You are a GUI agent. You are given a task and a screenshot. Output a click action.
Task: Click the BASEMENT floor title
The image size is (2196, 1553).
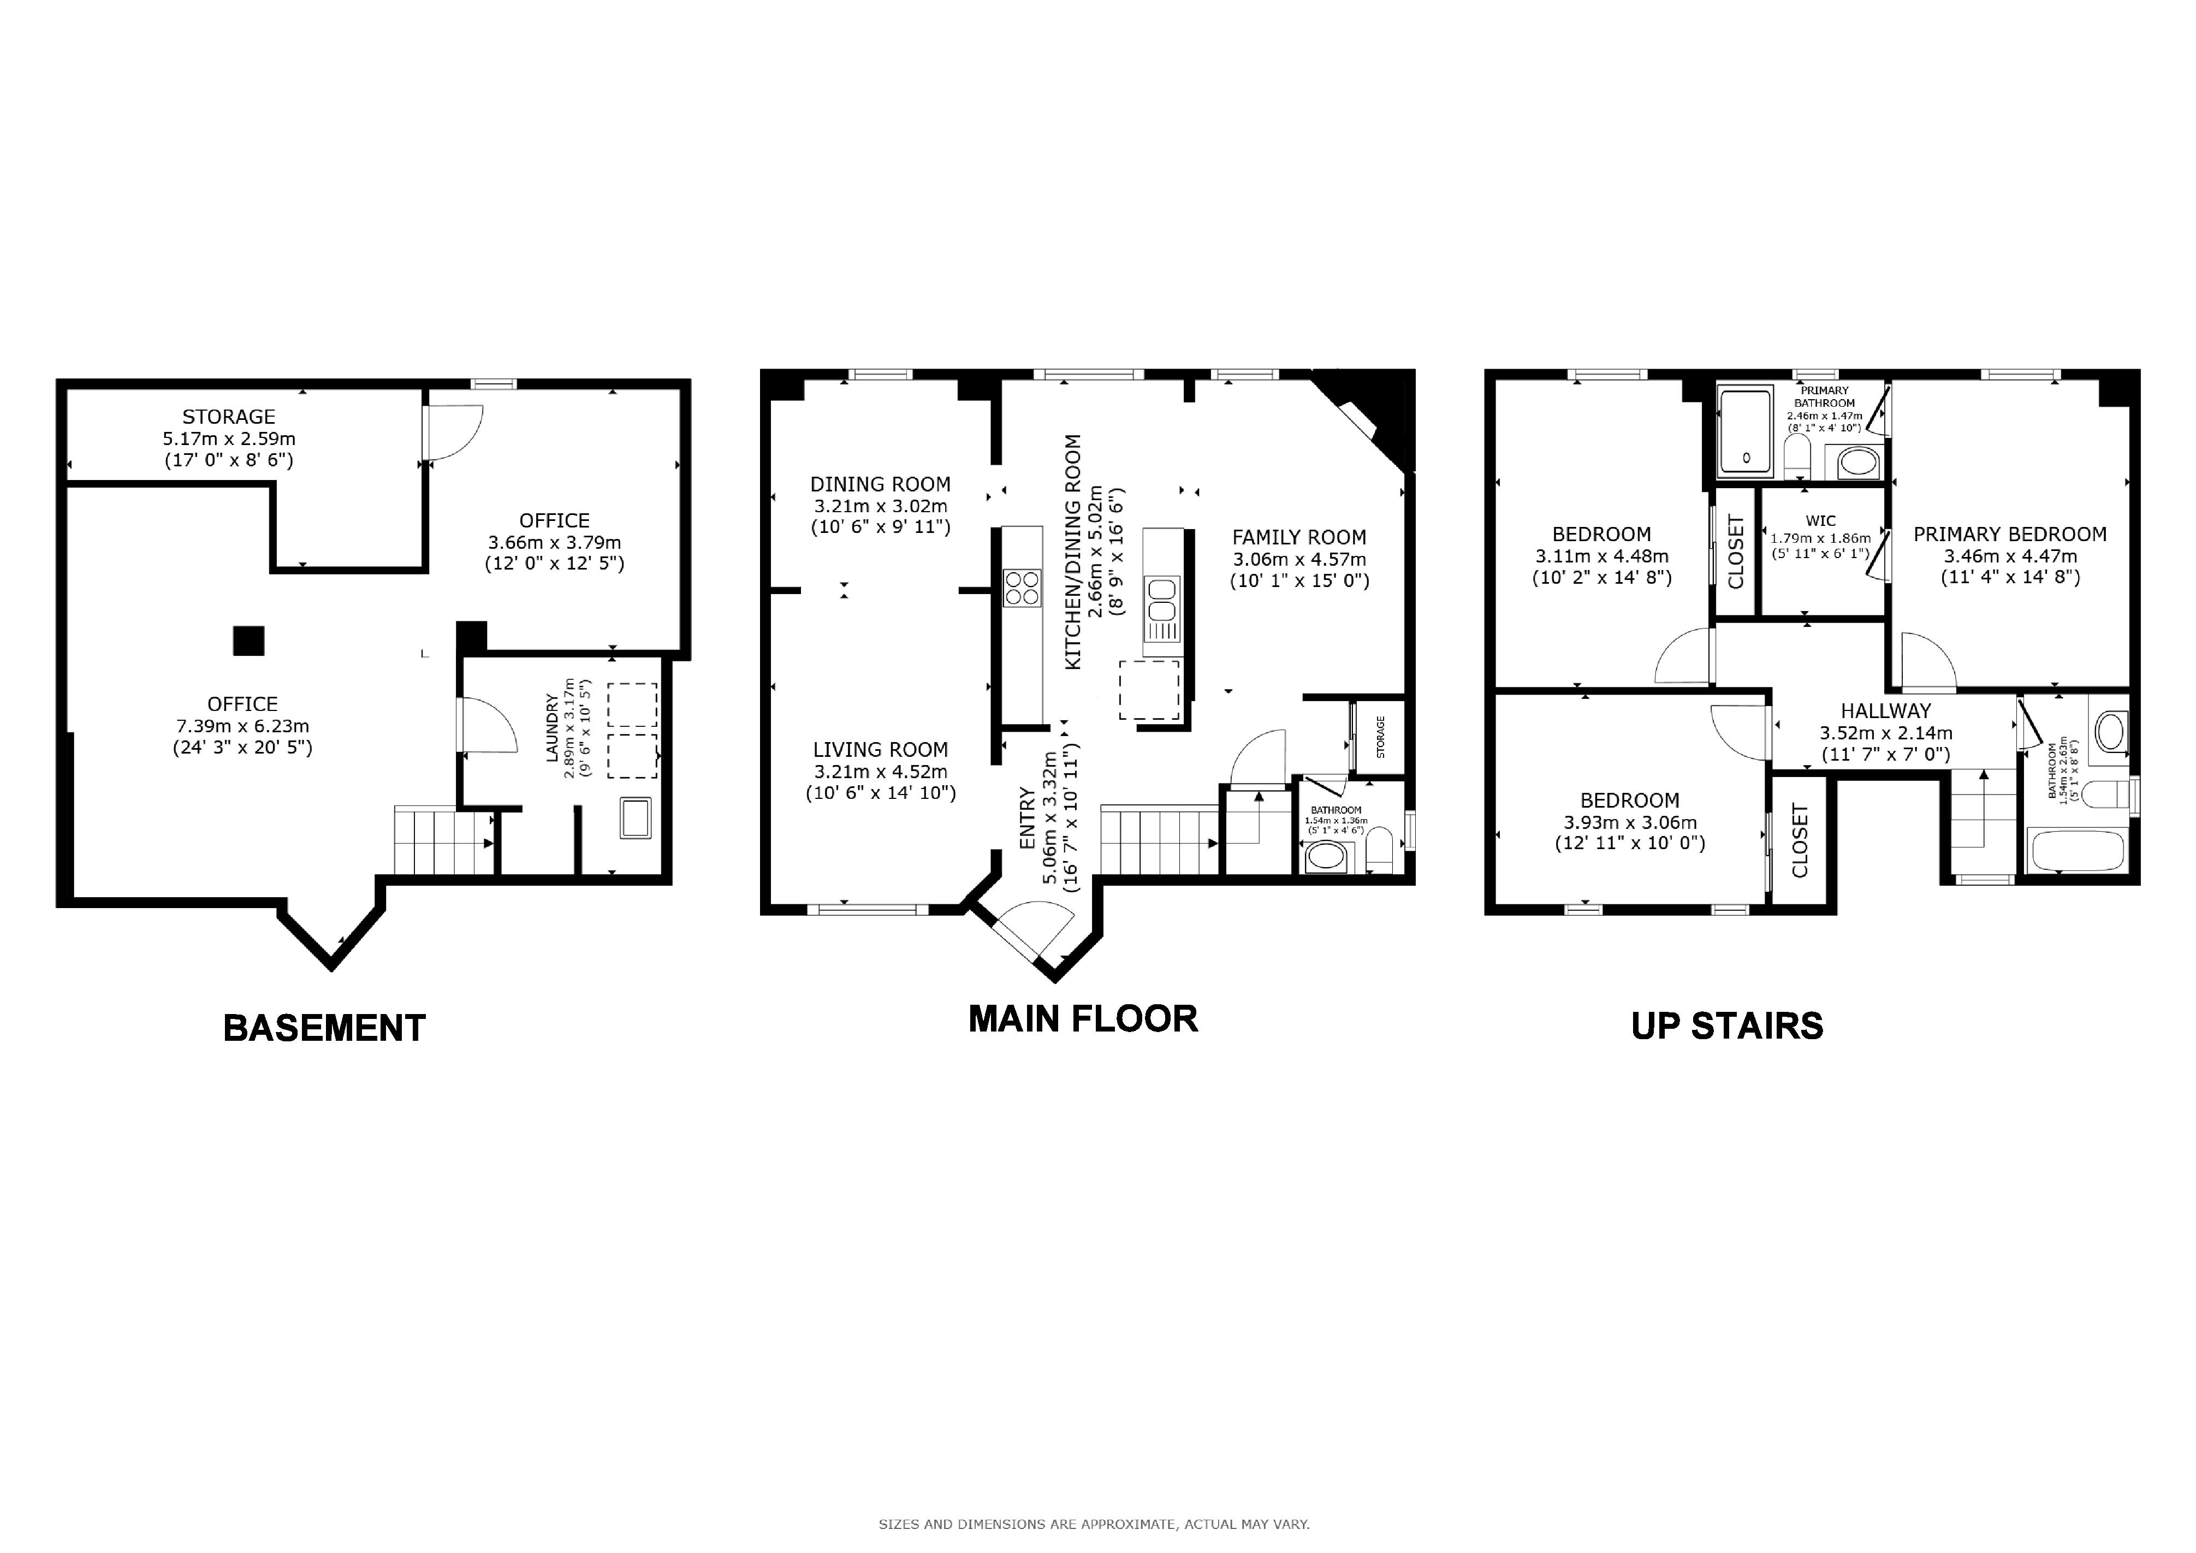(x=324, y=1028)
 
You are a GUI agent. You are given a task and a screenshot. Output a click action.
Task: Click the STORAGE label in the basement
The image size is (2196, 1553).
(x=229, y=417)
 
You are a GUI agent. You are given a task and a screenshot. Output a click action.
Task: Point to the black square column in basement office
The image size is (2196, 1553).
(x=248, y=641)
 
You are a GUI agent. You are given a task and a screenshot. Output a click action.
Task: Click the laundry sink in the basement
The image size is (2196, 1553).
(x=635, y=817)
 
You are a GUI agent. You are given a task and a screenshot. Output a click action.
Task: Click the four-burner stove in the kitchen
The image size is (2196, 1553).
(x=1022, y=587)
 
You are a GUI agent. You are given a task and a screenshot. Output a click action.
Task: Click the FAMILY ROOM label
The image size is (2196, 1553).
(x=1299, y=537)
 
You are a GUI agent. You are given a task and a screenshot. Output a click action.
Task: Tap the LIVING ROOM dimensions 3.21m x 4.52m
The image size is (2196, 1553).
(x=880, y=772)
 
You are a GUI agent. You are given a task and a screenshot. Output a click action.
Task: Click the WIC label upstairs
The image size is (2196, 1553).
(x=1820, y=521)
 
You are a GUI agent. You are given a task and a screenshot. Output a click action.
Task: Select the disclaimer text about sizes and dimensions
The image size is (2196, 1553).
(x=1094, y=1524)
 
